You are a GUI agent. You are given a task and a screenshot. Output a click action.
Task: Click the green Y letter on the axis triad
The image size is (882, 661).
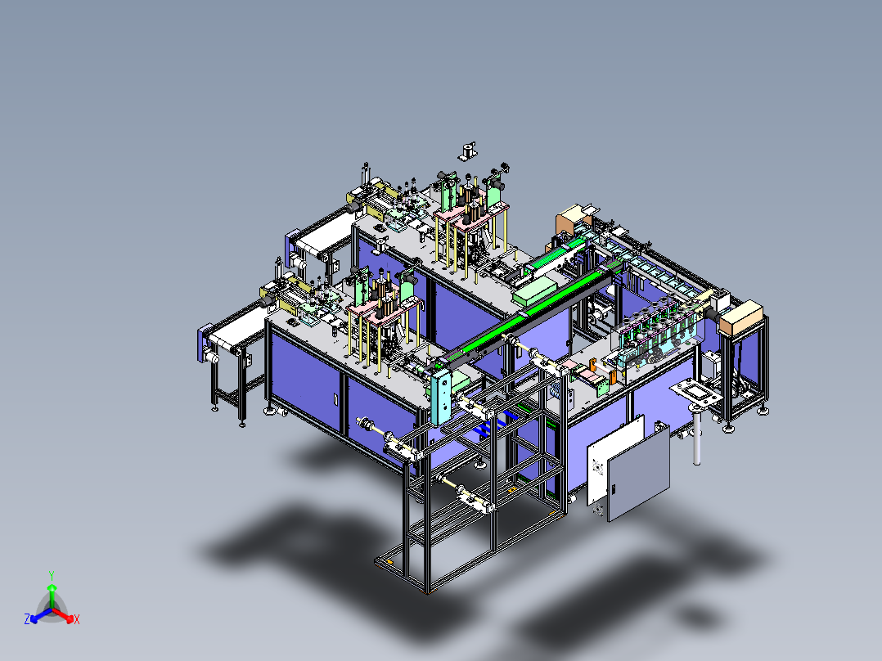(x=52, y=574)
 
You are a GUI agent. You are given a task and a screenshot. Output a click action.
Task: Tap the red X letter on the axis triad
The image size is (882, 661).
(x=77, y=620)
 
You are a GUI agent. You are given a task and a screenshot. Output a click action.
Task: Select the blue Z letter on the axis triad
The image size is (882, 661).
(x=27, y=620)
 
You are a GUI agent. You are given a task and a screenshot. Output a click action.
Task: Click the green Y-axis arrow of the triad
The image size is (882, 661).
(x=52, y=593)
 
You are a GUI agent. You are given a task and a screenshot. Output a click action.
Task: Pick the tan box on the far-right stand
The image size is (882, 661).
(x=741, y=317)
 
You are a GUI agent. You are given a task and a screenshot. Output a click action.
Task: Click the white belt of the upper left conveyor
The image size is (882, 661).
(x=319, y=238)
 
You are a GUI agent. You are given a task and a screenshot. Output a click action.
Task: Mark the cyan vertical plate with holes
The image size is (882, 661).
(x=440, y=396)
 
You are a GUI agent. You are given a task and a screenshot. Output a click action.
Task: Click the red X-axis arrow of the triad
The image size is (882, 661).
(x=67, y=615)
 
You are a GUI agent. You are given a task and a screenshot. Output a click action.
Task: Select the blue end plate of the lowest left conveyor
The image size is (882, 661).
(x=204, y=343)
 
